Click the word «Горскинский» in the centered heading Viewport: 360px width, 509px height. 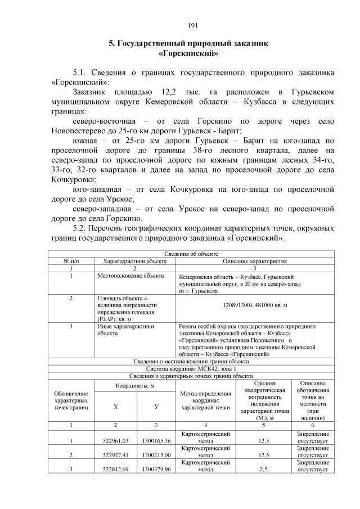tap(189, 53)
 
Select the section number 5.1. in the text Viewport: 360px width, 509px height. tap(84, 73)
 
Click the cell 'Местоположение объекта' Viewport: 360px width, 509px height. tap(130, 276)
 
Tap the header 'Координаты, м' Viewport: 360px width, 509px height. tap(135, 386)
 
